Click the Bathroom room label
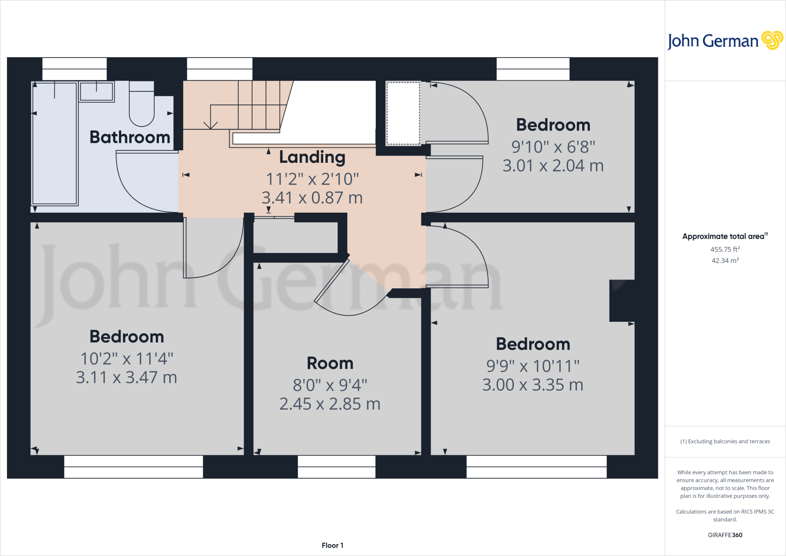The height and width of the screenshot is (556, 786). pos(130,137)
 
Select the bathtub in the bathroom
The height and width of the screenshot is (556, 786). pos(54,143)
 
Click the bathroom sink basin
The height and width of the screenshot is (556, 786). pos(96,91)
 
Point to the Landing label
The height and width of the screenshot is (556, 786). pos(312,157)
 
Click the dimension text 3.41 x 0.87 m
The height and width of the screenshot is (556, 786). pos(312,198)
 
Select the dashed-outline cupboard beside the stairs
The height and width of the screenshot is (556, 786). pos(403,113)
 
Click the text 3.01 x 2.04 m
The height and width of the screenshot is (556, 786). pos(553,166)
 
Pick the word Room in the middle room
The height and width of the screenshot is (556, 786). pos(330,363)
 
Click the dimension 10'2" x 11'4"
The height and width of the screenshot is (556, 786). pos(127,359)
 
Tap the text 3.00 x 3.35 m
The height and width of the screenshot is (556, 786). pos(533,385)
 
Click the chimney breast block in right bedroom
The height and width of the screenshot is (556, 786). pos(622,301)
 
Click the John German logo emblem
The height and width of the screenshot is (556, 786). pos(772,40)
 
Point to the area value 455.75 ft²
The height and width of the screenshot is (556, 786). pos(725,249)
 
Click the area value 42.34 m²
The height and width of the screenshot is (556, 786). pos(725,260)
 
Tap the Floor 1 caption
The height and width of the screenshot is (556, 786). pos(332,545)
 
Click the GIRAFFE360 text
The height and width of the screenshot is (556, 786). pos(725,535)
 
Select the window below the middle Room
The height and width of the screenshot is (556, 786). pos(337,467)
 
